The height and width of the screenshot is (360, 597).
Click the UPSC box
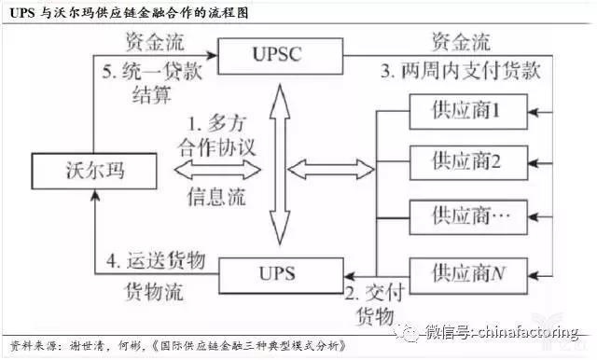click(x=280, y=56)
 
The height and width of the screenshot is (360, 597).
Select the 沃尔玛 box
click(x=94, y=171)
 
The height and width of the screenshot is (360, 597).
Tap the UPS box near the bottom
click(x=281, y=275)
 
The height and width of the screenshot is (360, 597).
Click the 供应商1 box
click(x=468, y=112)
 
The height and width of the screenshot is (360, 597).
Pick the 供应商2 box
click(x=468, y=162)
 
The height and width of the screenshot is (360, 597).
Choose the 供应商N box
click(x=468, y=275)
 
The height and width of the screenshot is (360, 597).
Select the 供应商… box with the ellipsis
click(x=468, y=217)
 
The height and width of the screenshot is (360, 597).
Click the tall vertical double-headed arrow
click(x=280, y=164)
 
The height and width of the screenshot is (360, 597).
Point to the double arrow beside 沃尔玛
click(x=217, y=170)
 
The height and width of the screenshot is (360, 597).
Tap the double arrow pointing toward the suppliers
click(x=331, y=169)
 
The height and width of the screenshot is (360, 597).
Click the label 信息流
click(x=216, y=197)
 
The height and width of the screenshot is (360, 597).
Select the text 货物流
click(x=154, y=292)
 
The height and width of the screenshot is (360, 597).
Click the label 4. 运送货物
click(x=156, y=261)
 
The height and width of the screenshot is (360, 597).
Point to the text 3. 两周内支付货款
click(x=461, y=71)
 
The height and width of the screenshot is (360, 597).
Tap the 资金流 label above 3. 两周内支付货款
click(x=461, y=41)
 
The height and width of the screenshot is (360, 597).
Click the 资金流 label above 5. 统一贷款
click(x=155, y=41)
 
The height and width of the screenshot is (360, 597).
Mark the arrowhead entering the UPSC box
click(x=212, y=55)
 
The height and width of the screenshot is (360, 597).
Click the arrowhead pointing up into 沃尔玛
click(x=94, y=195)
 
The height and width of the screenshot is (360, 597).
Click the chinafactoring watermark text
click(x=502, y=332)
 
